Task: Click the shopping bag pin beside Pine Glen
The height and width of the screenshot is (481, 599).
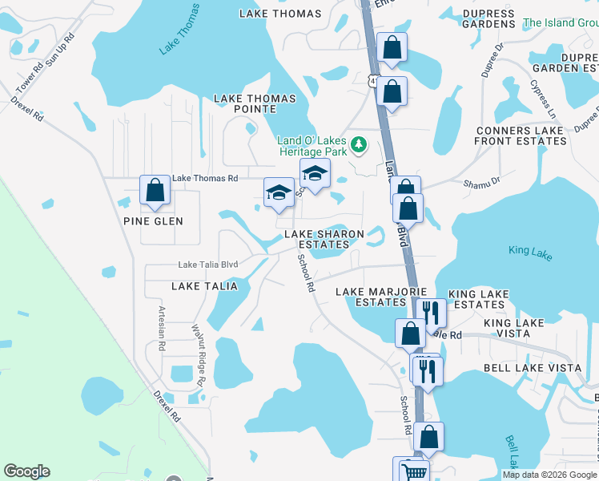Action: click(x=155, y=191)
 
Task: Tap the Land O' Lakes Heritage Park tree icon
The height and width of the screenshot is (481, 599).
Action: click(x=360, y=144)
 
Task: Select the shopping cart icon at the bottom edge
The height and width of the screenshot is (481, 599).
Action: click(x=413, y=471)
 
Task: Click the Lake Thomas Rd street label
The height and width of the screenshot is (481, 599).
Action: click(x=206, y=178)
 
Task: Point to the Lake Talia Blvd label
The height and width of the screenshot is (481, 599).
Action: click(x=208, y=265)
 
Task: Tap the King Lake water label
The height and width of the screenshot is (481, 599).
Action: click(x=530, y=251)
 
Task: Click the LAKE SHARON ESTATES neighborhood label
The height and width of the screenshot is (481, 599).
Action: click(x=324, y=239)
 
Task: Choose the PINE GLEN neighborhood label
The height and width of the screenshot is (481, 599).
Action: click(x=153, y=221)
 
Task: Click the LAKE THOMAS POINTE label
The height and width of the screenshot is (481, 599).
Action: click(x=255, y=104)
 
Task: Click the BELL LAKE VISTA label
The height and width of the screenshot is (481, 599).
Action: click(x=532, y=367)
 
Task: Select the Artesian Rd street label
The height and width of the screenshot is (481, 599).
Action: click(x=162, y=328)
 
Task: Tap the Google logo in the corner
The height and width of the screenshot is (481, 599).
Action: click(x=26, y=471)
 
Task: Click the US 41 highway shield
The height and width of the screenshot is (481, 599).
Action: click(x=374, y=80)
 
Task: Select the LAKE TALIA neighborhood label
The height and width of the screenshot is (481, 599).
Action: click(x=204, y=285)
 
